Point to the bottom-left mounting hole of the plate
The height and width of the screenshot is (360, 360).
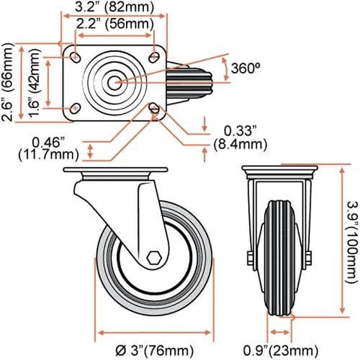76,109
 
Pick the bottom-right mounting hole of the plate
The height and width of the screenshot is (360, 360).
155,109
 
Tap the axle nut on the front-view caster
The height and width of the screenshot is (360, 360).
308,261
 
